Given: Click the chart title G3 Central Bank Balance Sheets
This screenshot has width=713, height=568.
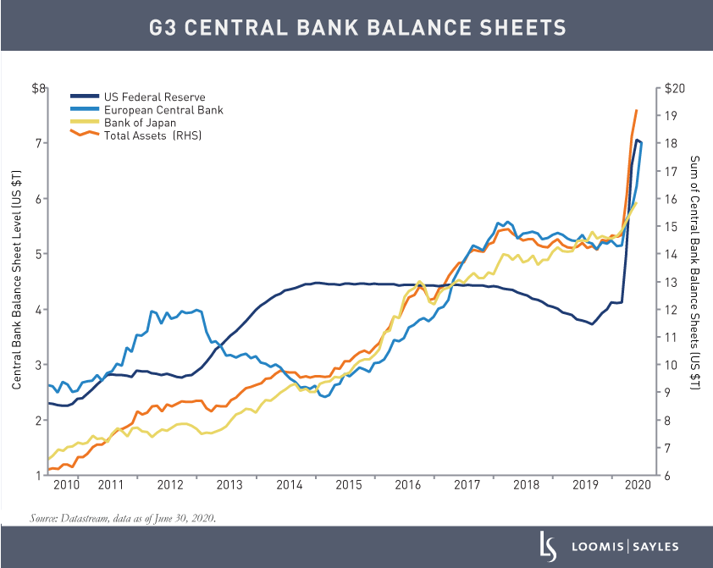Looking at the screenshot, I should click(x=356, y=27).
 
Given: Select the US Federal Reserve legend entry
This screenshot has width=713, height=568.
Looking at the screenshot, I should click(x=154, y=97).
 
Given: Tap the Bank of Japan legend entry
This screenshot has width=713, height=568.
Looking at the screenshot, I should click(x=140, y=123).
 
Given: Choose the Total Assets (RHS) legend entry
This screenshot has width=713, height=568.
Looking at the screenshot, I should click(x=152, y=135).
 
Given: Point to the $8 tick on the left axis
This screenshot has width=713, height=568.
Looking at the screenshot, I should click(x=37, y=88).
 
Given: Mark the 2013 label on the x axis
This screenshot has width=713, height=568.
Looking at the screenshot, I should click(x=229, y=485).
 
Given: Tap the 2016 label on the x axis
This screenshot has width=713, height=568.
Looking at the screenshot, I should click(x=408, y=485).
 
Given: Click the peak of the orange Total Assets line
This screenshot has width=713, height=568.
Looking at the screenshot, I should click(x=637, y=110).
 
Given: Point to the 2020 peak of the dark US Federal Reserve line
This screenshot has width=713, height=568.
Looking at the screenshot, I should click(x=637, y=140).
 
